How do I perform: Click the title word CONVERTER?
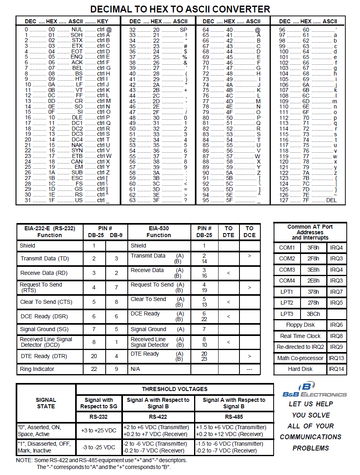click(x=236, y=9)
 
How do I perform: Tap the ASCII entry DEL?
click(x=331, y=200)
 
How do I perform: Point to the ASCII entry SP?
click(x=184, y=29)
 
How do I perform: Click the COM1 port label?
click(x=287, y=248)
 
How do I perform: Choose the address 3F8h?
click(x=313, y=248)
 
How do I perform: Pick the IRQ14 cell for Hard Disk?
click(x=336, y=369)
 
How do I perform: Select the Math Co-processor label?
click(x=300, y=358)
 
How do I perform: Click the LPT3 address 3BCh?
click(x=313, y=314)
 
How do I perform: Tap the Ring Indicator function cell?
click(x=37, y=369)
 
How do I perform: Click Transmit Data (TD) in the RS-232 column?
click(x=43, y=258)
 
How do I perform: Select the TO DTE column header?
click(x=228, y=231)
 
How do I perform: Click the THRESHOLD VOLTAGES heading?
click(x=174, y=389)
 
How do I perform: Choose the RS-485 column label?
click(x=234, y=417)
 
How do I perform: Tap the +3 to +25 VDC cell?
click(x=99, y=430)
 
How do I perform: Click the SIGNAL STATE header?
click(x=46, y=403)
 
